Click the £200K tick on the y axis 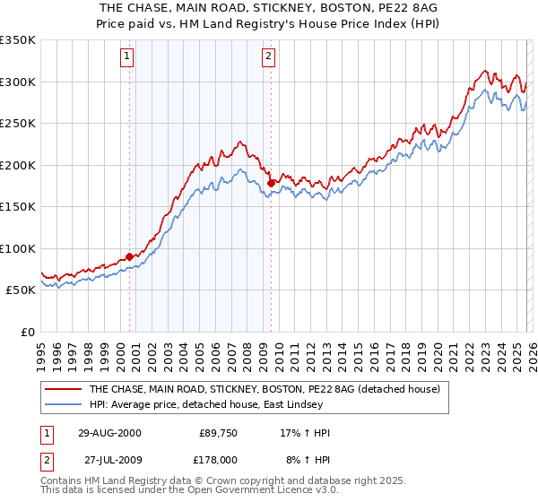[18, 165]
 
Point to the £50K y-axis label [21, 290]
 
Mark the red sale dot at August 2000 [130, 257]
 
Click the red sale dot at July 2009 [271, 183]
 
